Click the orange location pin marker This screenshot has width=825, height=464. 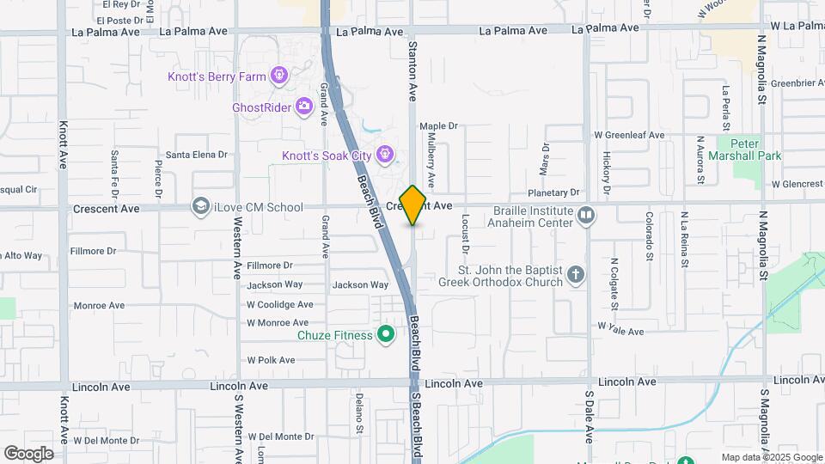[x=413, y=205]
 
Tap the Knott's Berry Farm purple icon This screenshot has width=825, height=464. [x=278, y=76]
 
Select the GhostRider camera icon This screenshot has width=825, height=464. [x=303, y=107]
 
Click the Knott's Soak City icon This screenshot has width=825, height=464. [x=386, y=155]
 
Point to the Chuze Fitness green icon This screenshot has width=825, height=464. [x=386, y=334]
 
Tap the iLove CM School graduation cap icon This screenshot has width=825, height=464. [x=200, y=206]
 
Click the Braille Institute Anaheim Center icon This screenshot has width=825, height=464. [x=586, y=214]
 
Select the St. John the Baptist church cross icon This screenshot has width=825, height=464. [x=576, y=276]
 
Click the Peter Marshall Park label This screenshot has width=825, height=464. [x=744, y=150]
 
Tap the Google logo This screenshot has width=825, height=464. [x=28, y=453]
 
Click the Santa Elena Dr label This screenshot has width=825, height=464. [x=196, y=155]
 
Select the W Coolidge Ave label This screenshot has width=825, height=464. [x=279, y=304]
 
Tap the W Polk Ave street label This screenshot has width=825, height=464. [x=271, y=360]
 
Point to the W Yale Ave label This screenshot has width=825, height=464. [x=620, y=331]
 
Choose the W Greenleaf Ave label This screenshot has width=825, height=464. [x=630, y=135]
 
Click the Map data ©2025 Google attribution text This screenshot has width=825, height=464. [x=771, y=457]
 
